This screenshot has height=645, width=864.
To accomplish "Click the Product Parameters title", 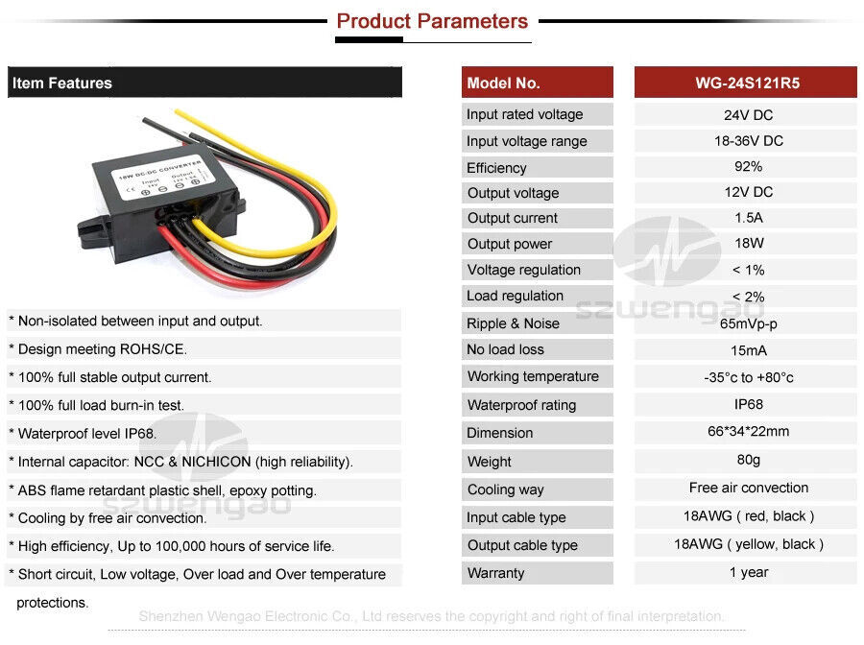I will pyautogui.click(x=432, y=21).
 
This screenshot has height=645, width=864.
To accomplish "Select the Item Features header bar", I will pyautogui.click(x=204, y=84).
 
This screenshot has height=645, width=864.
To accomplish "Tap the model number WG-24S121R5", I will pyautogui.click(x=747, y=84).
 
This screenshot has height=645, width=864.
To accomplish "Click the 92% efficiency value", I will pyautogui.click(x=747, y=167).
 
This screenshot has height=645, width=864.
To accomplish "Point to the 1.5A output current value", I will pyautogui.click(x=747, y=218).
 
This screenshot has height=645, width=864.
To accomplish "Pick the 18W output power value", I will pyautogui.click(x=747, y=244).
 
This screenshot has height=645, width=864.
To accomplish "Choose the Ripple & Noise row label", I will pyautogui.click(x=513, y=323).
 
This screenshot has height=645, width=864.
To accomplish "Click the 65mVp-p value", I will pyautogui.click(x=747, y=323).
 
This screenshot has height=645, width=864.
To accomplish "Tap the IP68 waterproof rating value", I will pyautogui.click(x=747, y=404).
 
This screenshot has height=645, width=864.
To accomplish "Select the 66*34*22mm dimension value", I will pyautogui.click(x=747, y=431).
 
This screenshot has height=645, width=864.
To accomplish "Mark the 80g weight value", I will pyautogui.click(x=747, y=461).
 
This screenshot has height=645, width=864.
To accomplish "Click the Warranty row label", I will pyautogui.click(x=495, y=573).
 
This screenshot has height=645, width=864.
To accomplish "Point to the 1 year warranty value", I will pyautogui.click(x=747, y=572).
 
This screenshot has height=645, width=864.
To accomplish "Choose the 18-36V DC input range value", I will pyautogui.click(x=747, y=141).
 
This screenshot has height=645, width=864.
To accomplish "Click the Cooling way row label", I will pyautogui.click(x=505, y=490).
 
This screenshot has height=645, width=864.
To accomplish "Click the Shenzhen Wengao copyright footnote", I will pyautogui.click(x=431, y=616).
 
